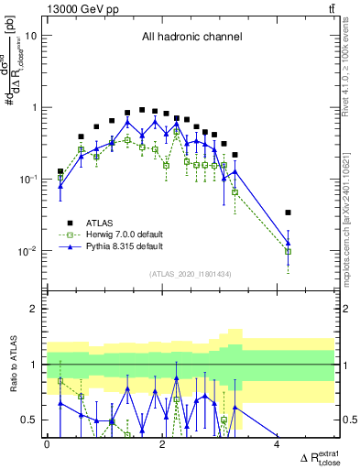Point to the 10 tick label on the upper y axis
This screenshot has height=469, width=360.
(31, 36)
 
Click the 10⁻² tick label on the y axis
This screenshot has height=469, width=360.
(27, 250)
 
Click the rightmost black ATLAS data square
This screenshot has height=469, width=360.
(289, 213)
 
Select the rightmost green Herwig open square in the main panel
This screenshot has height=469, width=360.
(289, 251)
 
